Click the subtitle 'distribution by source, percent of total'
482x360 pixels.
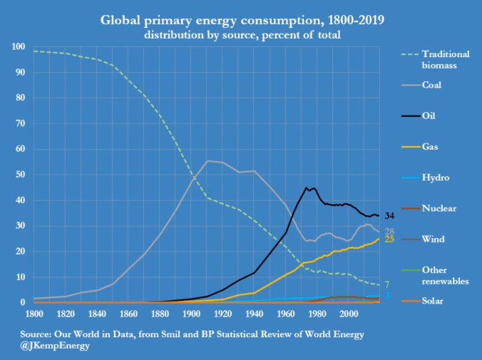[x=240, y=34]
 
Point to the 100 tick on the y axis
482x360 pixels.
[x=19, y=47]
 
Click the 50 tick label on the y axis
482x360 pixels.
[x=21, y=175]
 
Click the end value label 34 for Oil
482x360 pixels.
[x=390, y=216]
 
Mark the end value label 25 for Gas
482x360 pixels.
[x=390, y=240]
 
